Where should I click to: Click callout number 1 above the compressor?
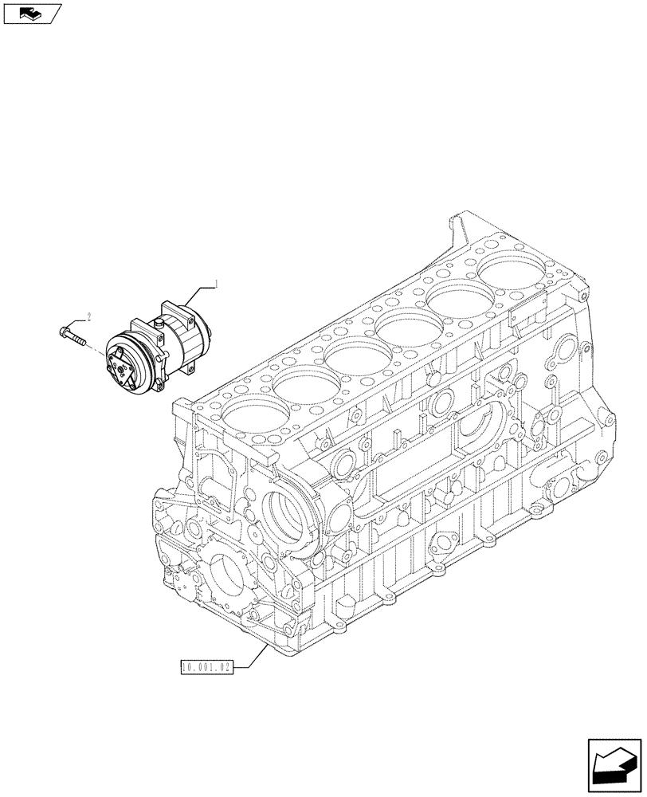[214, 284]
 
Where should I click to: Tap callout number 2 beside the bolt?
[88, 317]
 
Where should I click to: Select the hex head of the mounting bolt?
[64, 328]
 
